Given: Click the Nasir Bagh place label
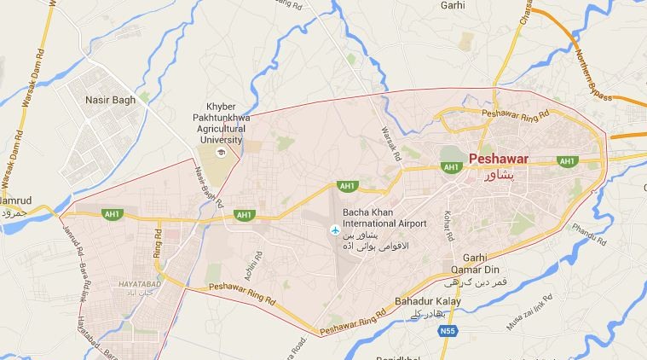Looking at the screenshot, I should point(111,101).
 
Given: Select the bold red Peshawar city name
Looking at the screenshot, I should point(499,159).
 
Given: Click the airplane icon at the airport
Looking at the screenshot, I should point(333,230).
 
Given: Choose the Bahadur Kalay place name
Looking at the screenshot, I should point(428,302).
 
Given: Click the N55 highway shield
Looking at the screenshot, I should point(448,328).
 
